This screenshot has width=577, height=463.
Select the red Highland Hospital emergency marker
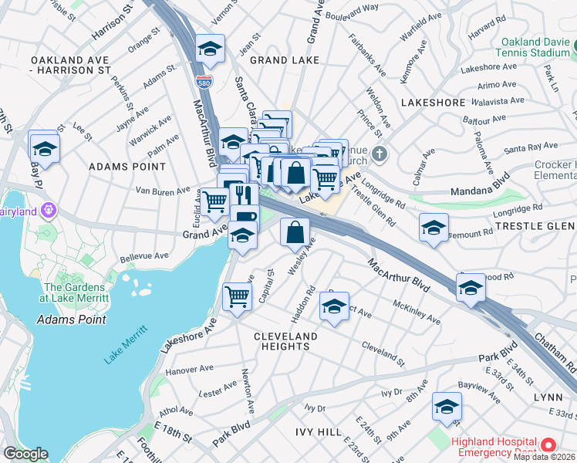point(548,445)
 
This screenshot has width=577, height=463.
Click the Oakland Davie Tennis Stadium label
point(535,48)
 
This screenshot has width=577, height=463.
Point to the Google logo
point(25,455)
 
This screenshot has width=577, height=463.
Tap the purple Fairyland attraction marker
point(49,209)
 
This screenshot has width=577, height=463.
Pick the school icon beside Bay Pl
point(45,147)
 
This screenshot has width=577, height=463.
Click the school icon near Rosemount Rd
point(434,228)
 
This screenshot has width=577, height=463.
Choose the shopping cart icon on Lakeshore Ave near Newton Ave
point(237,296)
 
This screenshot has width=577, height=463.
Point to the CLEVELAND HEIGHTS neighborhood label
point(285,342)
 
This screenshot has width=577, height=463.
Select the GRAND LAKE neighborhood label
point(278,59)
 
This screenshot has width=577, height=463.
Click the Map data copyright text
point(545,457)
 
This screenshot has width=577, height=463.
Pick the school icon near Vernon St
point(210,50)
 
